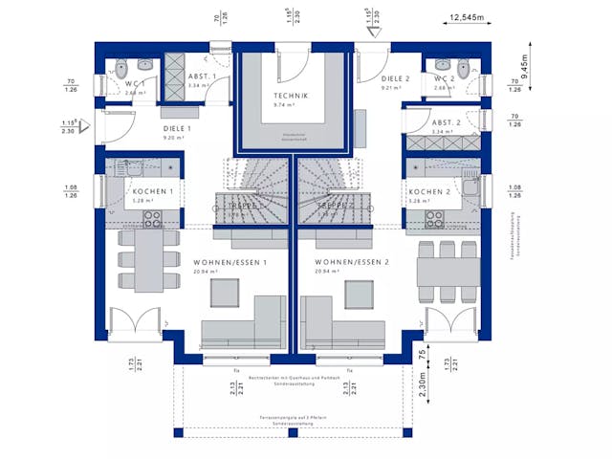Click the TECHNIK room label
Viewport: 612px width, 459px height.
[292, 97]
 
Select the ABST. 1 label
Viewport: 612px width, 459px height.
[202, 76]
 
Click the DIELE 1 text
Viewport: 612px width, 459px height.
[178, 128]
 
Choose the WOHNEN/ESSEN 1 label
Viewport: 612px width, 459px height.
[230, 261]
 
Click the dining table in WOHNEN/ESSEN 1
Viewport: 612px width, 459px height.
[147, 260]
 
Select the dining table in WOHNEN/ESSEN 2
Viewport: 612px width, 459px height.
[448, 273]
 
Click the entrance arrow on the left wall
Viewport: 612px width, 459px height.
[83, 123]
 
